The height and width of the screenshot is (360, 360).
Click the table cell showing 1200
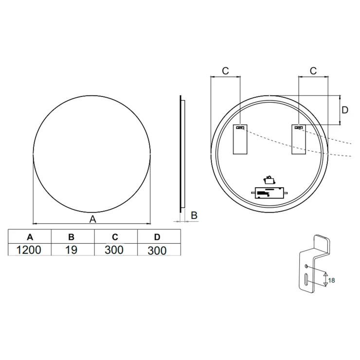pyautogui.click(x=29, y=250)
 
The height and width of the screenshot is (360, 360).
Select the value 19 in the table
pyautogui.click(x=71, y=250)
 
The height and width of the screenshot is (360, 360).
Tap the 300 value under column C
pyautogui.click(x=114, y=250)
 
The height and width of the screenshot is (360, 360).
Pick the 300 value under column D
pyautogui.click(x=157, y=251)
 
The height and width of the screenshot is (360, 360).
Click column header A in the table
pyautogui.click(x=30, y=237)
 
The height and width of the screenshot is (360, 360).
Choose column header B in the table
pyautogui.click(x=72, y=237)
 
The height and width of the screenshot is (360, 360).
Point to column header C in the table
pyautogui.click(x=115, y=237)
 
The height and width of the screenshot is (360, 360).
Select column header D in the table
pyautogui.click(x=157, y=237)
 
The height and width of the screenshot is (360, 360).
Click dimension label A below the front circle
pyautogui.click(x=93, y=219)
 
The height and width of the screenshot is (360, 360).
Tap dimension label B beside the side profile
pyautogui.click(x=194, y=216)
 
